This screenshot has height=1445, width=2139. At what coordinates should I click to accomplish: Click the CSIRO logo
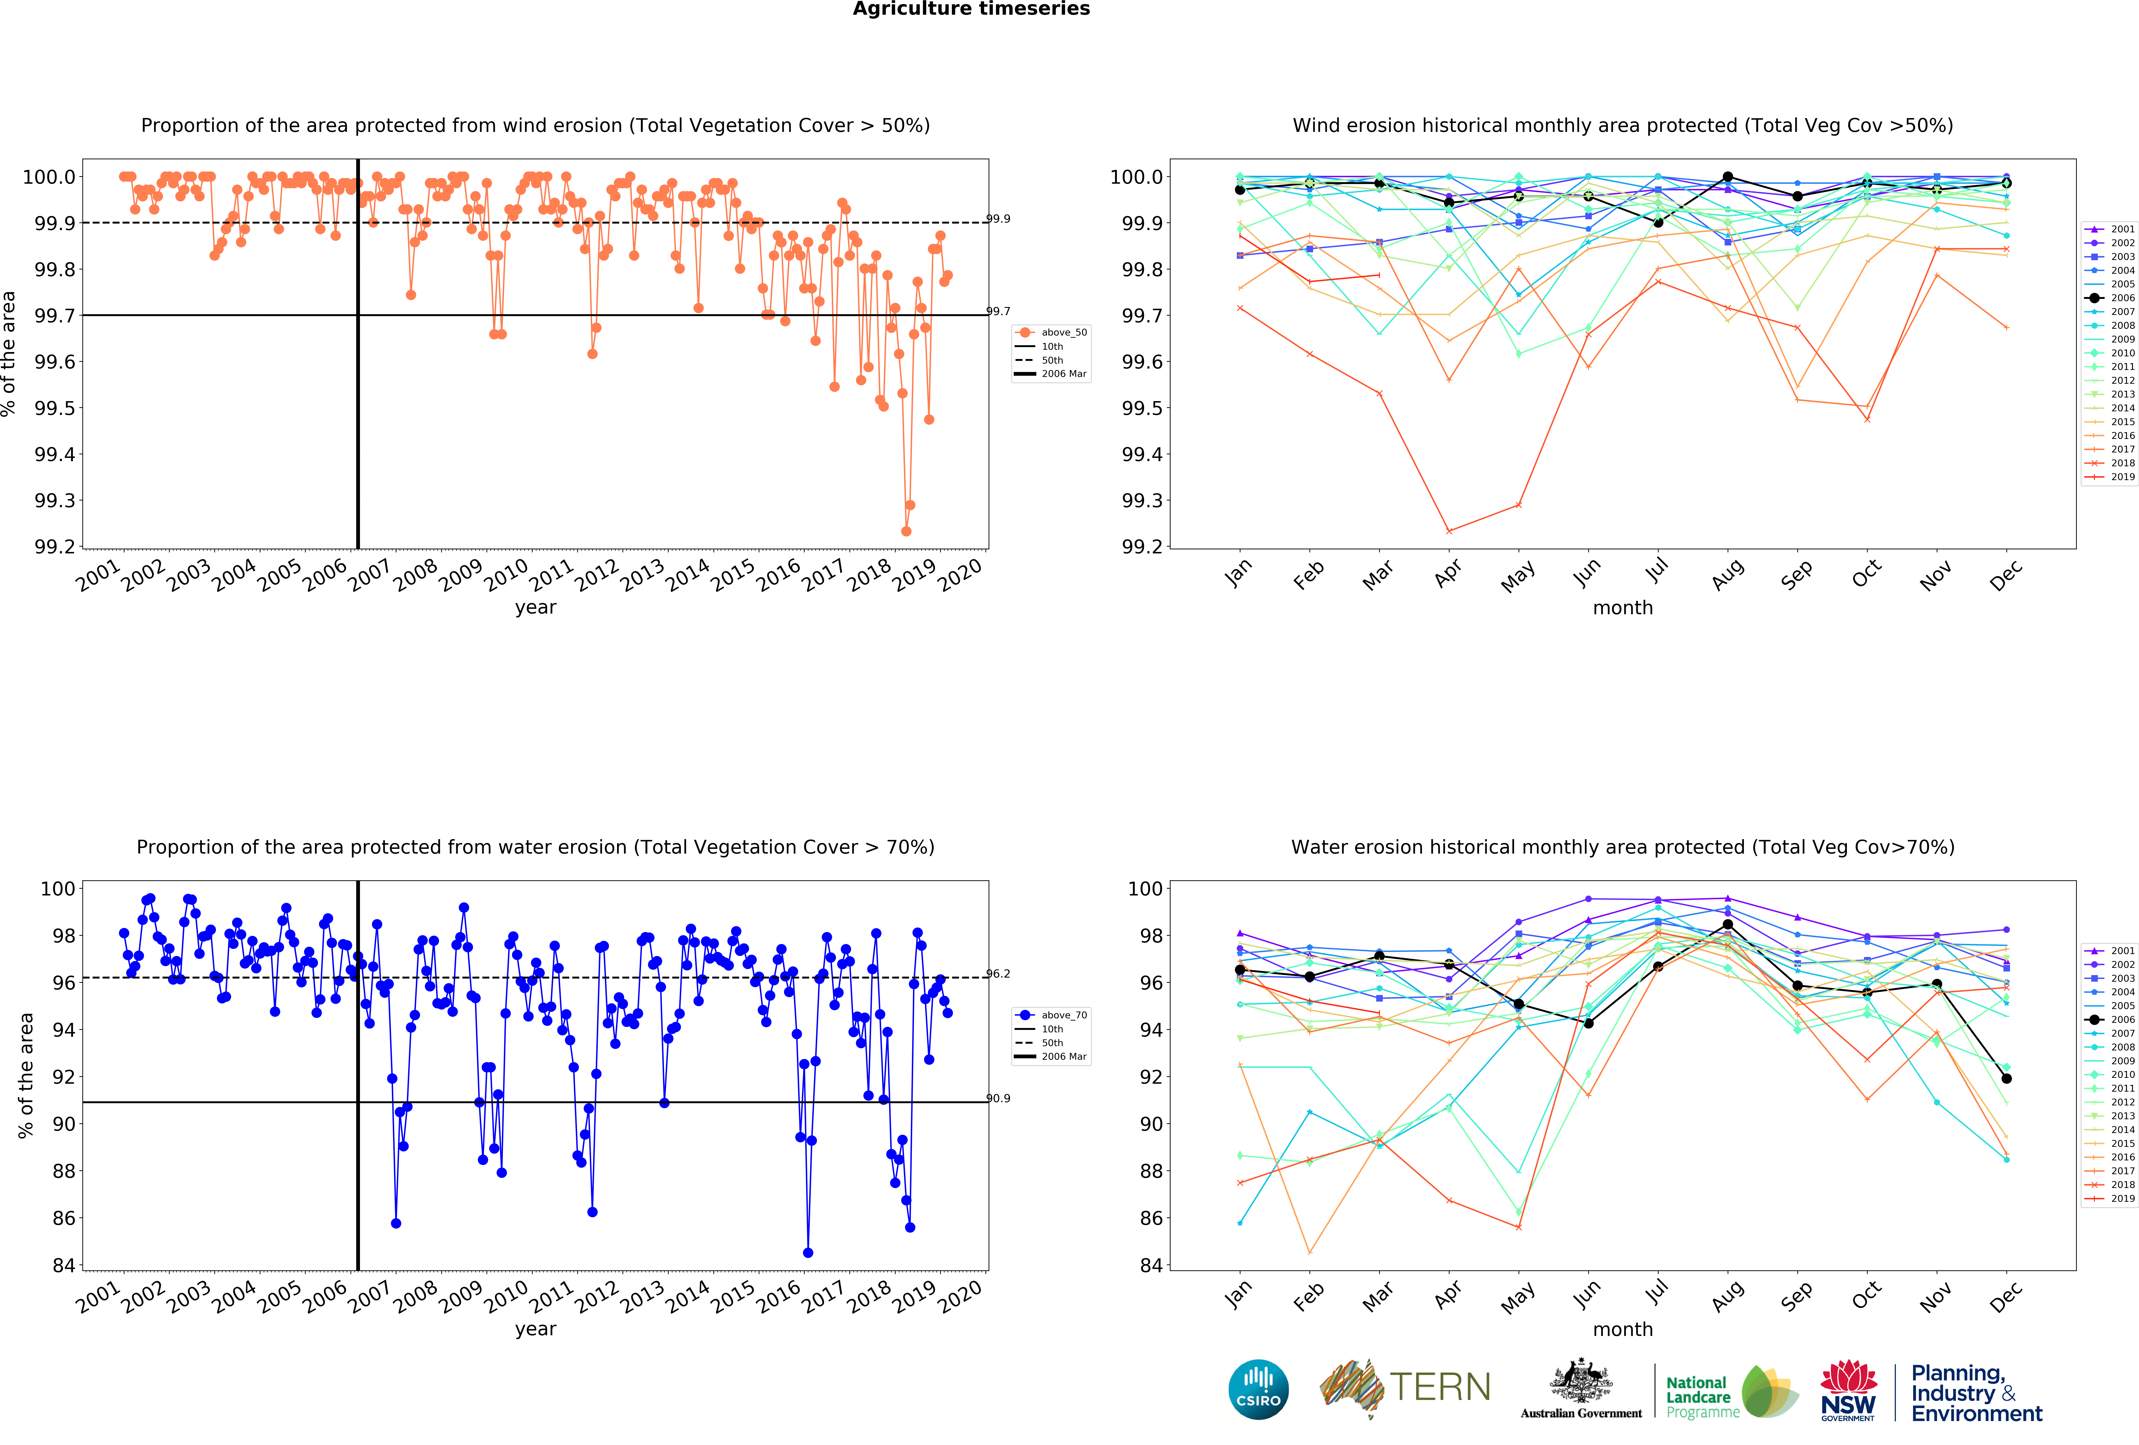[x=1258, y=1389]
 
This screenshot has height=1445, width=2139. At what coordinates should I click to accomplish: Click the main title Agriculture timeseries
[x=971, y=9]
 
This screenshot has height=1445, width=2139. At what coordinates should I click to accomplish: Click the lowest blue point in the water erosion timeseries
[x=808, y=1253]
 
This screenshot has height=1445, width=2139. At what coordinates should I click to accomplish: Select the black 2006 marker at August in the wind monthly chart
[x=1728, y=177]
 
